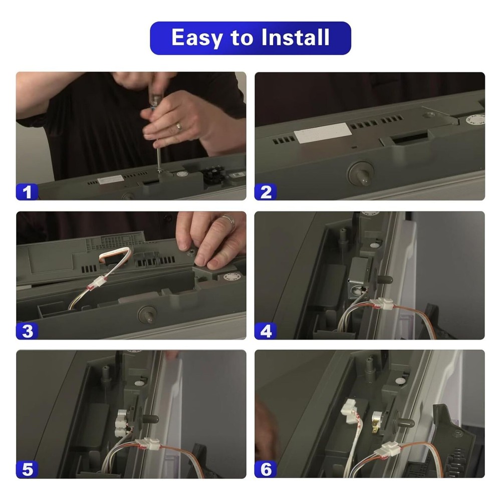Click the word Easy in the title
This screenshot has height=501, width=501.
coord(196,38)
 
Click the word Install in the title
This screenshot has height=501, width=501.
coord(295,38)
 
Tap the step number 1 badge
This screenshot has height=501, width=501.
coord(27,192)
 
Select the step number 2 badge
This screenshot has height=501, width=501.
coord(266,192)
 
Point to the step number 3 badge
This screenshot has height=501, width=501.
coord(27,331)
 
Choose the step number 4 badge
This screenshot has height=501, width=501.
coord(266,331)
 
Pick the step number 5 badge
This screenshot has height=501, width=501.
coord(27,470)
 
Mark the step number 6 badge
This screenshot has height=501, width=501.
coord(266,470)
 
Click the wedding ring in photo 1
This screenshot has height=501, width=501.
coord(179,126)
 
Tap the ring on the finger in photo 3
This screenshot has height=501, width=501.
coord(228,220)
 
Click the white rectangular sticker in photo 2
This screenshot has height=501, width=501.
coord(323,133)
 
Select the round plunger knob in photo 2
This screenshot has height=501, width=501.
coord(361,173)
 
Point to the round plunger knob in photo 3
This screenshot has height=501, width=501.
coord(147,315)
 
